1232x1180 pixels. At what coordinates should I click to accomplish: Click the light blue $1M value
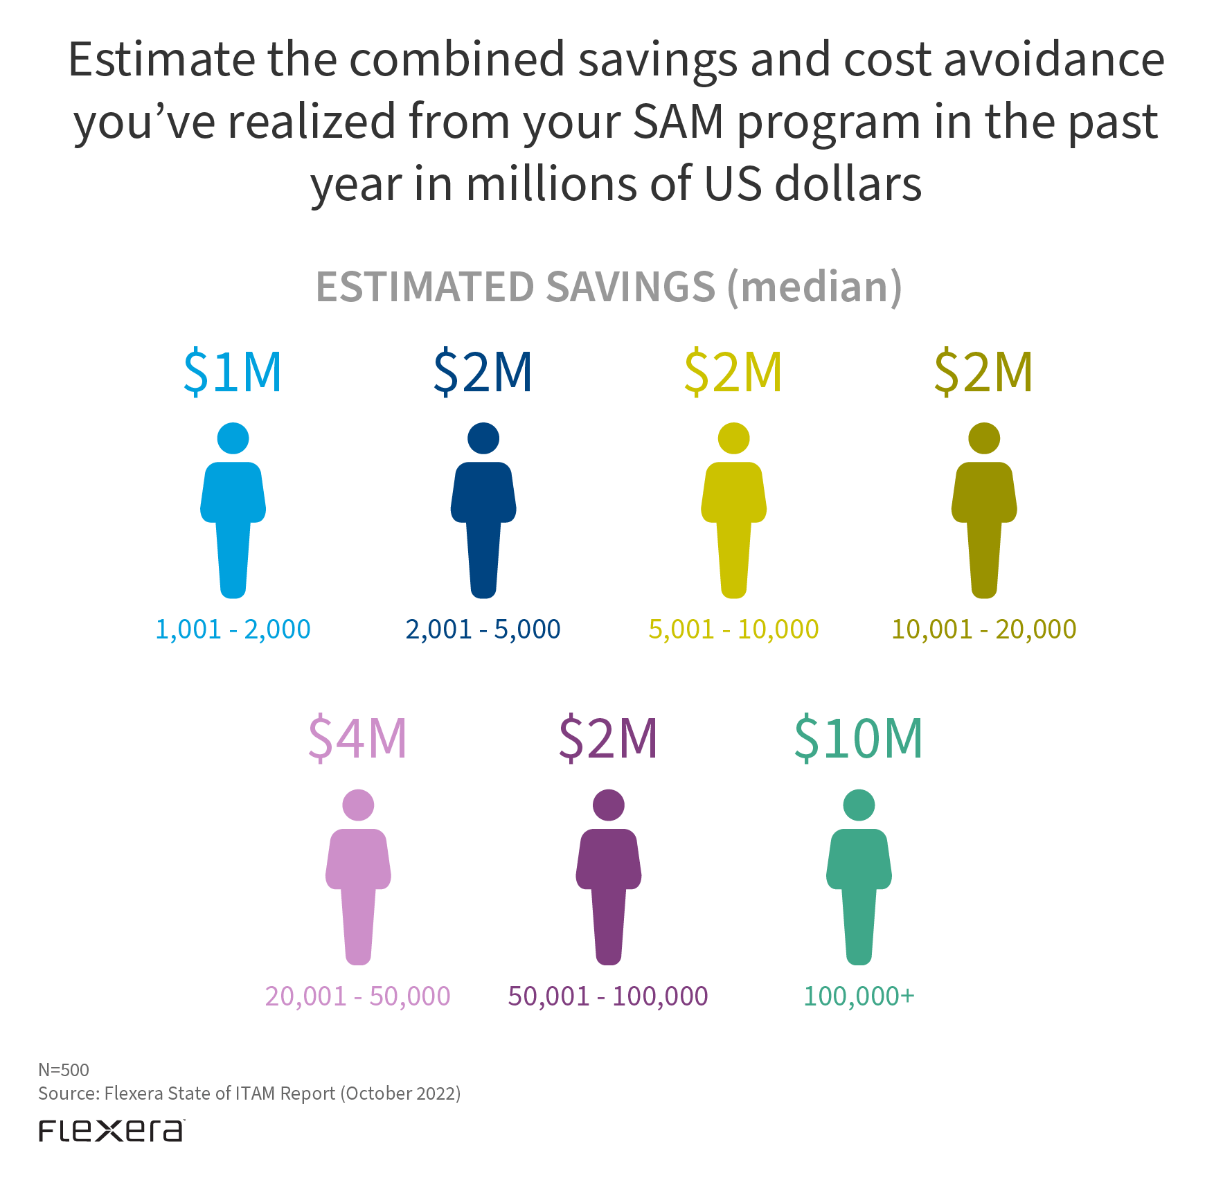point(233,372)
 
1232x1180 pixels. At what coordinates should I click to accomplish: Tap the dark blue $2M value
point(483,372)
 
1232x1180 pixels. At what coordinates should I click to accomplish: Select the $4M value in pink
point(357,738)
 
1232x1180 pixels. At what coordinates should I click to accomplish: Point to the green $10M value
point(858,738)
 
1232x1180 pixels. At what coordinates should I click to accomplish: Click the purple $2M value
point(608,738)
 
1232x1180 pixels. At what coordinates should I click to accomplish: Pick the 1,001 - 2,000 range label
point(233,629)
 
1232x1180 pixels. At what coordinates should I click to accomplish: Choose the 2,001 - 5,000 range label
point(483,629)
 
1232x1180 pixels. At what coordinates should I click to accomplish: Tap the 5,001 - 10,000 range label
point(733,629)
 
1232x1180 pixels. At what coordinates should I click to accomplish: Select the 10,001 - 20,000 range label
point(983,629)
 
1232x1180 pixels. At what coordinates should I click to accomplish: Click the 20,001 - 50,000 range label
point(357,996)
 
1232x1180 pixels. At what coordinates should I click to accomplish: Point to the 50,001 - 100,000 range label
point(608,996)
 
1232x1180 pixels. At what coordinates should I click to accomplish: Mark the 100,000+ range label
point(859,996)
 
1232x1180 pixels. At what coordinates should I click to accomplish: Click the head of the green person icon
point(859,805)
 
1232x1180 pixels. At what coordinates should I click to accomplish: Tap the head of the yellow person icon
point(733,438)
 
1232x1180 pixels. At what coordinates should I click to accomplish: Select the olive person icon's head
point(984,438)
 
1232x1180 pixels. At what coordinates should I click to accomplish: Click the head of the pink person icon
point(358,805)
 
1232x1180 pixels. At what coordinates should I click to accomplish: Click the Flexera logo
point(111,1131)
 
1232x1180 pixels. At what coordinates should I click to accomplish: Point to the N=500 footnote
point(64,1070)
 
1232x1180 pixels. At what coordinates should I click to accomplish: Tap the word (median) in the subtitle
point(814,287)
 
